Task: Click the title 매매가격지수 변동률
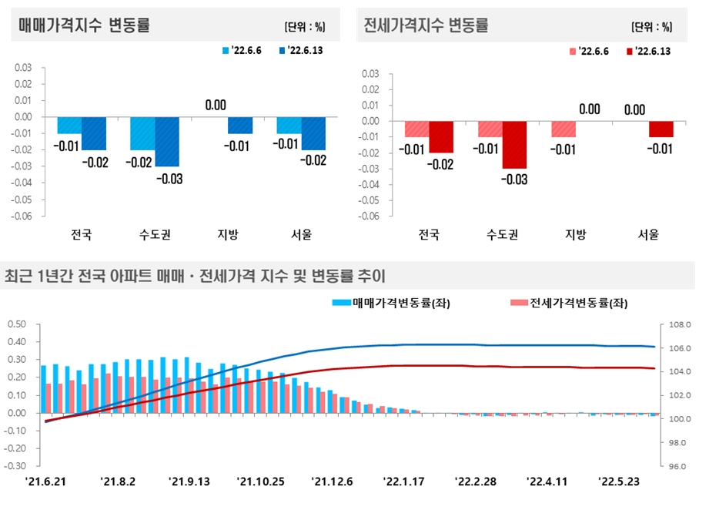tap(84, 25)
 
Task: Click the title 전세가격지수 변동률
tap(425, 25)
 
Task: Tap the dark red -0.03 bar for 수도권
tap(515, 145)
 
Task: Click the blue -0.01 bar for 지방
tap(240, 125)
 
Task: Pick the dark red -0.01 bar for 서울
tap(661, 129)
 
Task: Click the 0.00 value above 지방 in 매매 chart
tap(216, 106)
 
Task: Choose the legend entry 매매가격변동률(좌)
tap(391, 304)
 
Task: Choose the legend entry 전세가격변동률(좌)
tap(569, 304)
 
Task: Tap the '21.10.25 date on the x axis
tap(261, 482)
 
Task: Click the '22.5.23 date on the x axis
tap(620, 482)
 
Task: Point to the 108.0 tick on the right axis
tap(678, 325)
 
